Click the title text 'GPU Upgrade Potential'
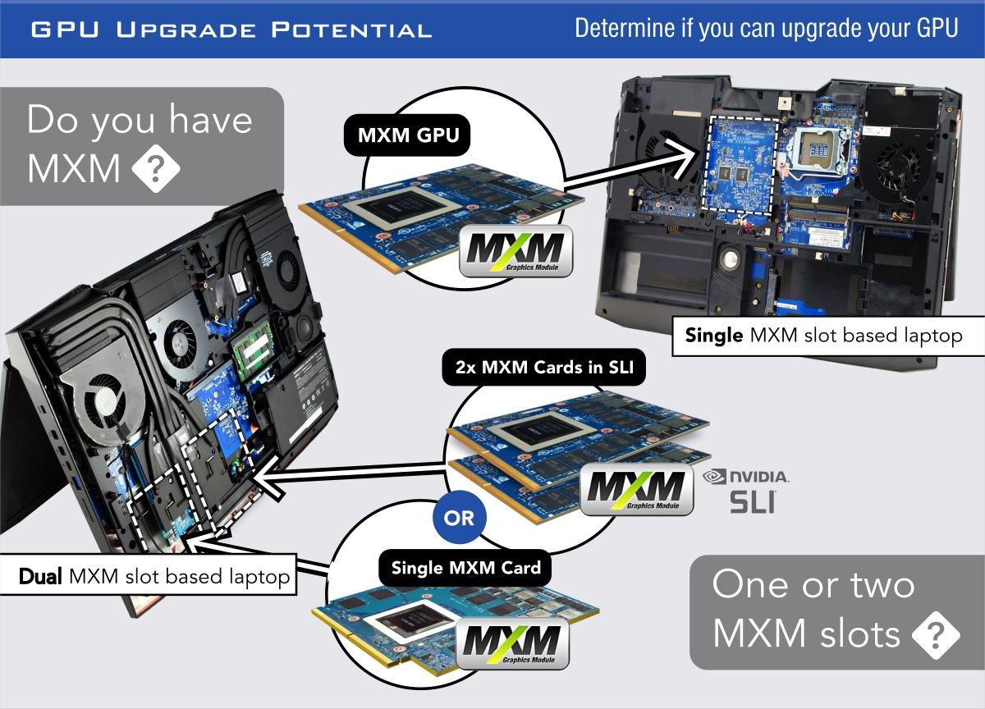coord(231,31)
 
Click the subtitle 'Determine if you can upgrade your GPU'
coord(766,28)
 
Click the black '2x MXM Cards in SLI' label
coord(543,368)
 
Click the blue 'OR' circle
coord(459,518)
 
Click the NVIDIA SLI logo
coord(748,491)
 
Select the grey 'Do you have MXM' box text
coord(140,144)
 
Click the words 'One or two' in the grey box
coord(813,584)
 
